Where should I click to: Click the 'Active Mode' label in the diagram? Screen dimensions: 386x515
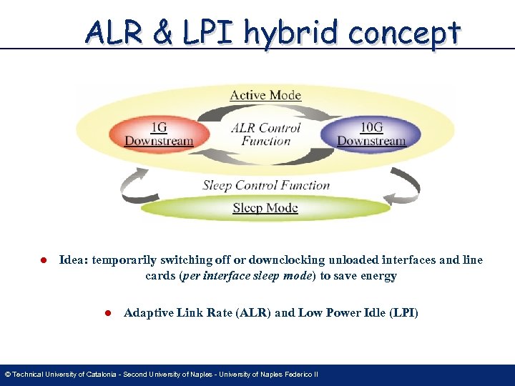(265, 95)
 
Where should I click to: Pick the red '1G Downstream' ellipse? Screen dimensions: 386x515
(159, 134)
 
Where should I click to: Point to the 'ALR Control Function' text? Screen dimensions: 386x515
(265, 134)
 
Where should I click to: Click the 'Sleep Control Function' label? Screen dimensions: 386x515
(266, 185)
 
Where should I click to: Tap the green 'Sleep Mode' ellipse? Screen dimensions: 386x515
(265, 208)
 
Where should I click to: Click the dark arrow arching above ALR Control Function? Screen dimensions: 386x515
(265, 113)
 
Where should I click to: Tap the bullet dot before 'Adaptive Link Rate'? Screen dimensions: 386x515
(108, 313)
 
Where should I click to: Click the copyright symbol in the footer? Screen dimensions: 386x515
(7, 375)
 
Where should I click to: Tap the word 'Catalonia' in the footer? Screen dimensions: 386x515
(99, 375)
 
